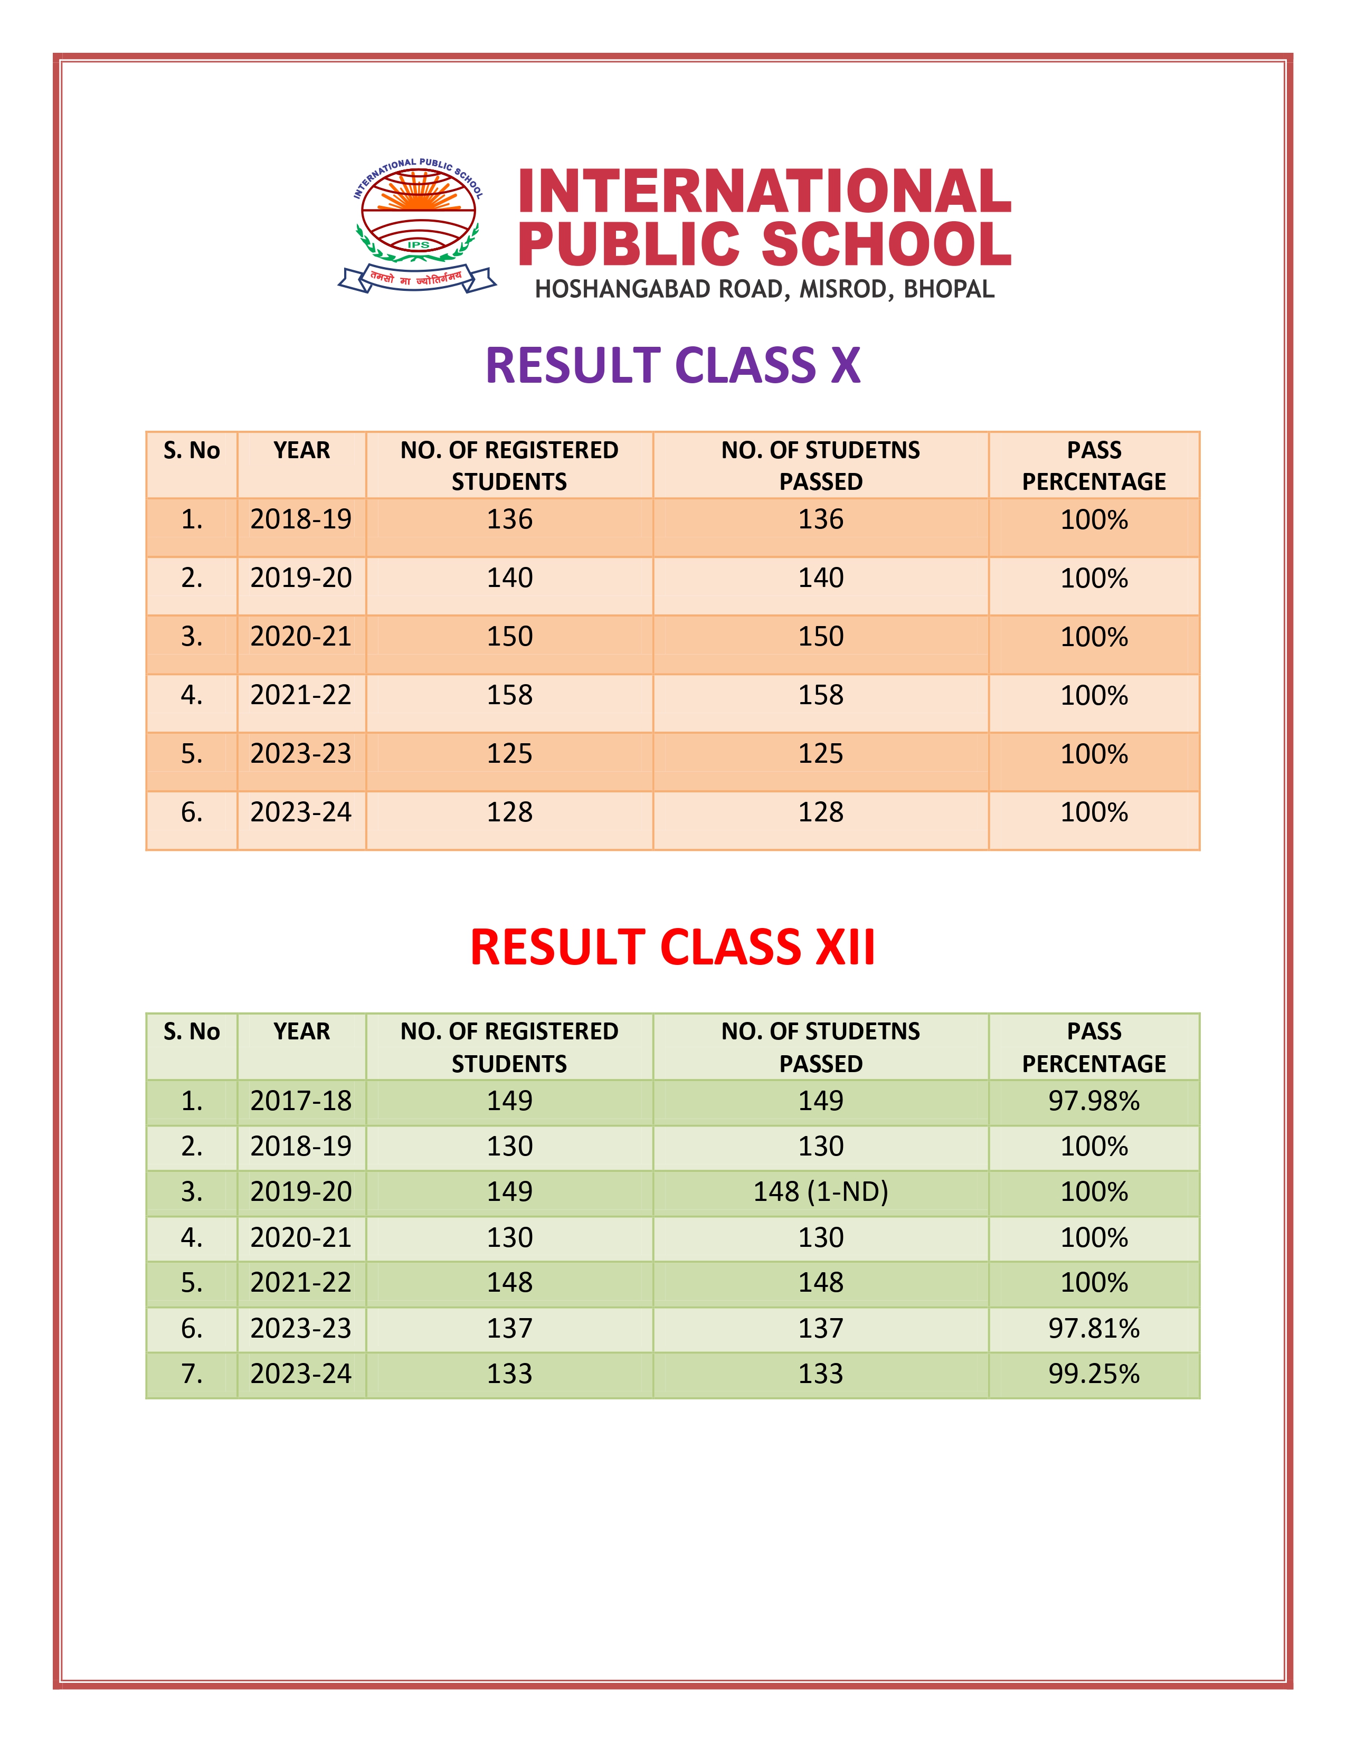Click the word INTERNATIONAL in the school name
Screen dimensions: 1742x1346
[x=764, y=192]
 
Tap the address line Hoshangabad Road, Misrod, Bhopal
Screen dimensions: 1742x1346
[x=764, y=289]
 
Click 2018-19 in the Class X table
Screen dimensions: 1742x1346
[x=301, y=519]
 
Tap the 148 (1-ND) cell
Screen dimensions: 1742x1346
[x=820, y=1191]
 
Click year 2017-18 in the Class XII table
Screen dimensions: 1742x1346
[x=301, y=1101]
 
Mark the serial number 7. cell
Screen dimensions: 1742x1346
[x=192, y=1374]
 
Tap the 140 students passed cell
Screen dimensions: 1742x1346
[x=820, y=577]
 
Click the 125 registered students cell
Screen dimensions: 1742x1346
[x=509, y=754]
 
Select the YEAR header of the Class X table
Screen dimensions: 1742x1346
[x=301, y=451]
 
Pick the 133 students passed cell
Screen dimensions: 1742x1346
[x=820, y=1374]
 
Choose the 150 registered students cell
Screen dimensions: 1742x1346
[x=509, y=637]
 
